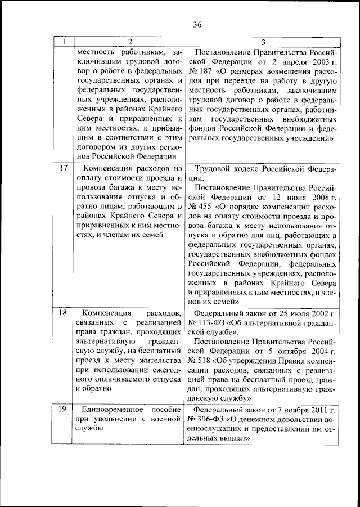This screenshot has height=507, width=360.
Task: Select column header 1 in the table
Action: (64, 42)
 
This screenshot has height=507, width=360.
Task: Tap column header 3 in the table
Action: (262, 42)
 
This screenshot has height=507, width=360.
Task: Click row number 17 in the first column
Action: (64, 168)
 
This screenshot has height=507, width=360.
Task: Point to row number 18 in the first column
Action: (64, 312)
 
